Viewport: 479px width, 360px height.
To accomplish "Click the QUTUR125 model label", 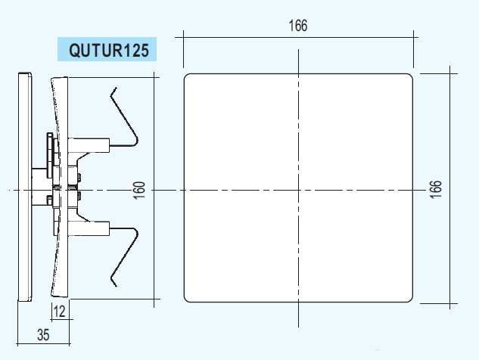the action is [x=109, y=50].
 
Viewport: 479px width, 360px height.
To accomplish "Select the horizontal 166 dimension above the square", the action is [x=298, y=26].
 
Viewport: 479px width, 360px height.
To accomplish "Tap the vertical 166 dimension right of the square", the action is [x=436, y=189].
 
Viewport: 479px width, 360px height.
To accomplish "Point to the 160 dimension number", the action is [x=139, y=191].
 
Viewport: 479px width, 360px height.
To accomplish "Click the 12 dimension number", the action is [x=59, y=312].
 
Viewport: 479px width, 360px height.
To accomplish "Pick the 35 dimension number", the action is [x=43, y=335].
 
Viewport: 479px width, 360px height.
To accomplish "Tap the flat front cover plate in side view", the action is [x=25, y=187].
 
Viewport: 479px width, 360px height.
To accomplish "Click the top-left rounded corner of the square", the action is [x=185, y=76].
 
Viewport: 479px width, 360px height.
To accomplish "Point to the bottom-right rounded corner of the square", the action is [x=411, y=300].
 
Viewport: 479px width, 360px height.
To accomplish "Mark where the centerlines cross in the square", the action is [x=298, y=191].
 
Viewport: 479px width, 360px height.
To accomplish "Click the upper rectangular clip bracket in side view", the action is [x=89, y=145].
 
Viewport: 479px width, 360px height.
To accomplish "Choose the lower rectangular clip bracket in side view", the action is [x=89, y=228].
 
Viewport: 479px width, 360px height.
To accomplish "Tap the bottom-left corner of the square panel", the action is [x=185, y=300].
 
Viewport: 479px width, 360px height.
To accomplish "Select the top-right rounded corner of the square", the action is [x=411, y=76].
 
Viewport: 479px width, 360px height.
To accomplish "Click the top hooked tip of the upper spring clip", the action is [x=116, y=88].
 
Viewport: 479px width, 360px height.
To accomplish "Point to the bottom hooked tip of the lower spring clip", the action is [x=116, y=286].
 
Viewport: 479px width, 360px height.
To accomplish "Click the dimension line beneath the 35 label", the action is [x=44, y=344].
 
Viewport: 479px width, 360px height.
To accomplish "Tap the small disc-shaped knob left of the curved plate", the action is [x=49, y=155].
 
